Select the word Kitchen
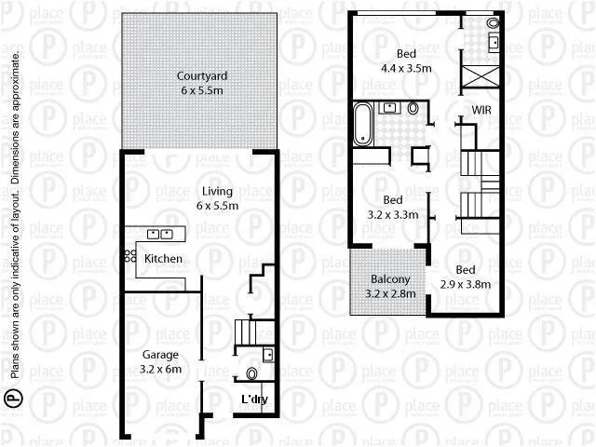tap(164, 258)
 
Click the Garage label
tap(159, 355)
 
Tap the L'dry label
tap(254, 400)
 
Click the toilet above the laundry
tap(251, 374)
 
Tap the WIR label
tap(481, 110)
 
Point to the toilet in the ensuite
tap(493, 22)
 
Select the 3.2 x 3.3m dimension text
tap(393, 214)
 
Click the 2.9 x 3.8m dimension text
tap(465, 284)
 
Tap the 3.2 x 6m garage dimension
tap(159, 369)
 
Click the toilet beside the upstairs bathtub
tap(413, 108)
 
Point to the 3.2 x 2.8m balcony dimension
tap(385, 294)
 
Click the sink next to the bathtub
tap(386, 108)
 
